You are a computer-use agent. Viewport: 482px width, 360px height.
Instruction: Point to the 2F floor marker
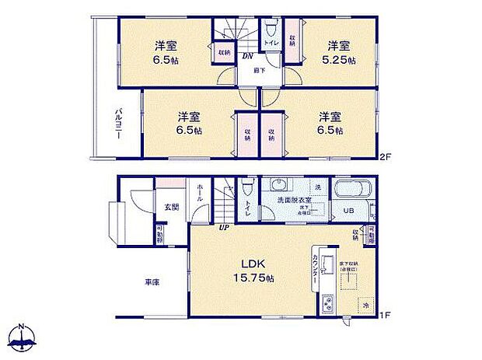coord(383,158)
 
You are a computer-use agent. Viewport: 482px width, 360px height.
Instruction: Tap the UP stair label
coord(224,228)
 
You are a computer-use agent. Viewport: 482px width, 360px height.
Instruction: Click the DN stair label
coord(246,57)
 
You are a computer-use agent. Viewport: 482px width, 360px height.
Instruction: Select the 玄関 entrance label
coord(171,207)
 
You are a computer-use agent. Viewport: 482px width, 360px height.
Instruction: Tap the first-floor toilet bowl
coord(247,188)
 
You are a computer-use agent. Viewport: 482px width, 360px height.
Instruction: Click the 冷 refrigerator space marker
coord(362,305)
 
